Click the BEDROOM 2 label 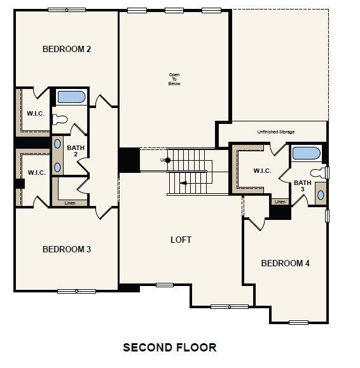tap(66, 49)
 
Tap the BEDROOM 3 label tap(66, 249)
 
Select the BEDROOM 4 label tap(285, 263)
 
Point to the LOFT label tap(181, 240)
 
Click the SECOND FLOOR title tap(169, 347)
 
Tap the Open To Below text tap(174, 79)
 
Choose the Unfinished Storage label tap(275, 132)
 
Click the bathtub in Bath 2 tap(71, 98)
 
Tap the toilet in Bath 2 tap(60, 118)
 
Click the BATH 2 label tap(75, 150)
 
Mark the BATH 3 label tap(302, 186)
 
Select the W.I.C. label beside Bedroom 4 tap(262, 170)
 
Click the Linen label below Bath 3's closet tap(280, 202)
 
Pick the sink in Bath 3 tap(319, 194)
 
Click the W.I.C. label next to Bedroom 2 tap(35, 114)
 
